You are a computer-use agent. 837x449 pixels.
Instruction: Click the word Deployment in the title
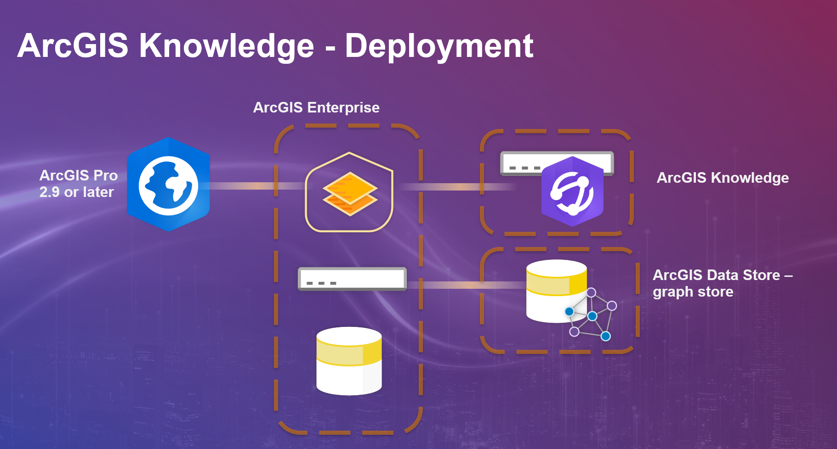(439, 46)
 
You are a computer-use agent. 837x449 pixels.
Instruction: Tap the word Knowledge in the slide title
(227, 46)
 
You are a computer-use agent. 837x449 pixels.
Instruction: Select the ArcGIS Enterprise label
(316, 107)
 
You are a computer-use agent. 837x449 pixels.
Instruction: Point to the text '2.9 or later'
(76, 192)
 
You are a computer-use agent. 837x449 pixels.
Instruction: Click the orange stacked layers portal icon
(350, 193)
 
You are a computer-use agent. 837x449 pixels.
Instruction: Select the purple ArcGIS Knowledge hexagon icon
(572, 191)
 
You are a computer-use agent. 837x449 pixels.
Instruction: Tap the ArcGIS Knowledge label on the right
(723, 178)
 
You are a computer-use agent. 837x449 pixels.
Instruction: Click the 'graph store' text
(693, 292)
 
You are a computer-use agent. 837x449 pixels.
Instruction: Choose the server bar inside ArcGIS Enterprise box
(352, 279)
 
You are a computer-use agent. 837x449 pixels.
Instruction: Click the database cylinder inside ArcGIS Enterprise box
(349, 361)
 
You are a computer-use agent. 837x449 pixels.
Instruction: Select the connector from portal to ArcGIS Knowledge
(455, 187)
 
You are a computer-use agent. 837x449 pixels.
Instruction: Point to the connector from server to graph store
(464, 286)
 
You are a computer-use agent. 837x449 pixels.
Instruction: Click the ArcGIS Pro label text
(79, 175)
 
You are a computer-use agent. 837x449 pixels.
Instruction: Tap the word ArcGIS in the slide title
(73, 46)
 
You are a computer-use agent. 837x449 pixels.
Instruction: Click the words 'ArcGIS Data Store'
(716, 275)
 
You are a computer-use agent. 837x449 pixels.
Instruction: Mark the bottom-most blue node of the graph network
(606, 337)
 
